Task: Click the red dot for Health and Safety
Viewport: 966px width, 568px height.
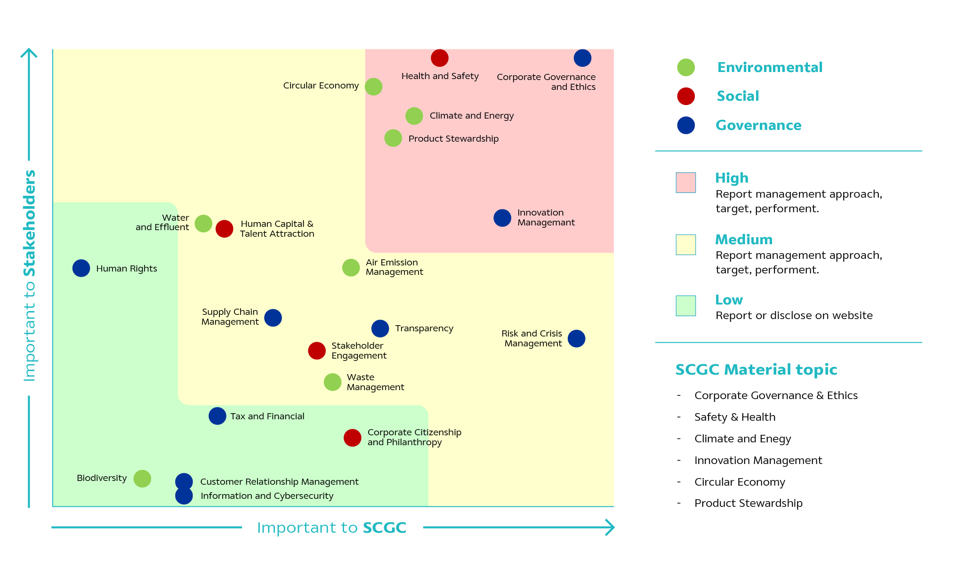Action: (x=439, y=58)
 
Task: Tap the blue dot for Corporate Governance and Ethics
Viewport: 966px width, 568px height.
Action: (x=582, y=58)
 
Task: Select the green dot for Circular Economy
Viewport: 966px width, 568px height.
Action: (x=373, y=87)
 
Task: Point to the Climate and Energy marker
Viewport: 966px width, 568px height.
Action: (x=414, y=116)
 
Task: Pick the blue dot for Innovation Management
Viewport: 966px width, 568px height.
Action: (x=502, y=218)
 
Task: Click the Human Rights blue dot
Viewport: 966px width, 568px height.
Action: (x=81, y=268)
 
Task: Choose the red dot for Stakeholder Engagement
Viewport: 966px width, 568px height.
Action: (x=317, y=351)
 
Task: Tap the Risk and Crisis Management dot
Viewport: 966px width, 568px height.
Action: (x=576, y=338)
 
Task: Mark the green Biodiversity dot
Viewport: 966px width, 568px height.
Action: (x=142, y=479)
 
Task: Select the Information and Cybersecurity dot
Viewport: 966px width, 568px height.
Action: (x=184, y=496)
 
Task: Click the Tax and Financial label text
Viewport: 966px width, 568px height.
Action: (x=267, y=416)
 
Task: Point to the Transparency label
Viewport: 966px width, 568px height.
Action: (x=424, y=328)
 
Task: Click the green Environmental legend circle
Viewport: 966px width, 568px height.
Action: (x=686, y=67)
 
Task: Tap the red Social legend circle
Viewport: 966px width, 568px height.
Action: (x=686, y=96)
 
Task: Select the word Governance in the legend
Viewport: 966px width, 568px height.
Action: (x=758, y=125)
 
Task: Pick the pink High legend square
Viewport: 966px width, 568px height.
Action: (x=685, y=183)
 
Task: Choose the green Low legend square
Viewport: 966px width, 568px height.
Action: (x=685, y=305)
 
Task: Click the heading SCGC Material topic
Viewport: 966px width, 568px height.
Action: (x=756, y=369)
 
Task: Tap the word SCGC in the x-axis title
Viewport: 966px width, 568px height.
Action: (x=384, y=528)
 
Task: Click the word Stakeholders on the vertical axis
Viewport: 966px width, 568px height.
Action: (x=30, y=223)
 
